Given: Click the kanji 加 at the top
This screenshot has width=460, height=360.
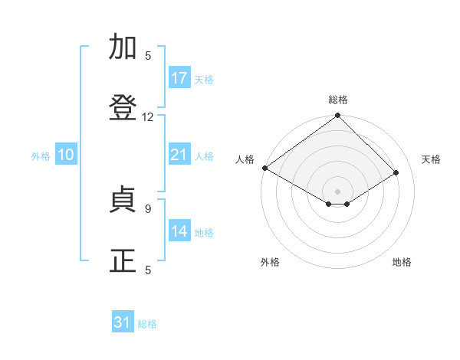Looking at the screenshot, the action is coord(123,46).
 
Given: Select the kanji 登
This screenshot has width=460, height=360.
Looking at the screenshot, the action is coord(123,107).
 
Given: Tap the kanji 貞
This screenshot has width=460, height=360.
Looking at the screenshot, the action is coord(123,199).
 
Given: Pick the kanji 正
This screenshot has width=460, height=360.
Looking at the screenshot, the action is coord(123,260).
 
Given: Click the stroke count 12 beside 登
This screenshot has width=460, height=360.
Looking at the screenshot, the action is coord(147,117).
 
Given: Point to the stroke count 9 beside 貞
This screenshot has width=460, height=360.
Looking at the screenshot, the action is coord(148,209).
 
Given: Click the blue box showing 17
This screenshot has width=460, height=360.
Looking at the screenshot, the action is coord(179,77).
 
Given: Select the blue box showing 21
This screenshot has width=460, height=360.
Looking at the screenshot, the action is coord(179,153).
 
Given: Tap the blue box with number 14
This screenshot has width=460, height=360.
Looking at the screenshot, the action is coord(179,230).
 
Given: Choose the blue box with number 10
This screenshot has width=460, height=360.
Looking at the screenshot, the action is coord(66,153).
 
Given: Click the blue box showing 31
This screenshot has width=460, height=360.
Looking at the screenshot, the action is coord(123,321).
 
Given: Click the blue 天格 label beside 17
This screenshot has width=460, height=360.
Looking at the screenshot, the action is coord(204,80).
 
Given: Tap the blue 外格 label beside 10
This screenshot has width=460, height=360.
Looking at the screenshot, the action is coord(41,156).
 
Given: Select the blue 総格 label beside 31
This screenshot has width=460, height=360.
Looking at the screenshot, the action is coord(147,324).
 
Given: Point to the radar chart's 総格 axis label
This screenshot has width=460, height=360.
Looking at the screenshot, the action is coord(338,100).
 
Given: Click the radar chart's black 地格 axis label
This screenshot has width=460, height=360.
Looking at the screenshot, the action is coord(402,262).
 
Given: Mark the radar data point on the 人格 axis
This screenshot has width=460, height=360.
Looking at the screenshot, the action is coord(265,168).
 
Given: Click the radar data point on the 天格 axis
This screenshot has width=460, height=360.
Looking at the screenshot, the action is coord(396,172).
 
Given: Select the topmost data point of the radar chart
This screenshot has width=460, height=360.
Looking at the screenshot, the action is coord(337,115).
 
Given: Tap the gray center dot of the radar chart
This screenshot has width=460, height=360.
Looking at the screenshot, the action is coord(337,191).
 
